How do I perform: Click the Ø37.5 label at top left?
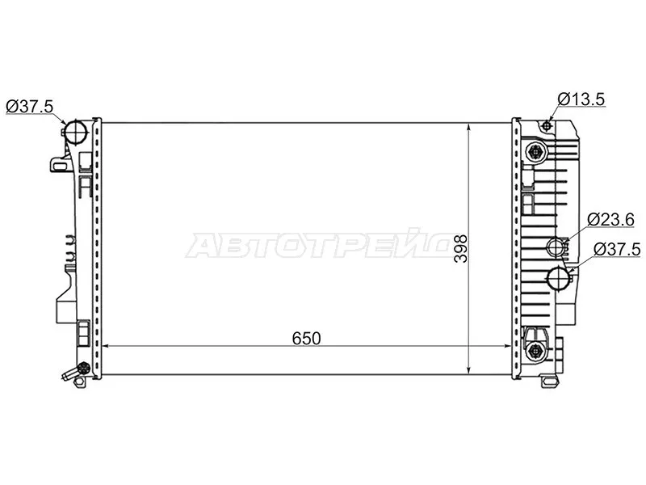click(30, 106)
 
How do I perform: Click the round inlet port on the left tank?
click(75, 131)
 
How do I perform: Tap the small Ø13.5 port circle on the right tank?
click(547, 125)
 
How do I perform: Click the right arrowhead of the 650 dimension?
click(509, 348)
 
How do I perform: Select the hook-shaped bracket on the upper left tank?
click(59, 163)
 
